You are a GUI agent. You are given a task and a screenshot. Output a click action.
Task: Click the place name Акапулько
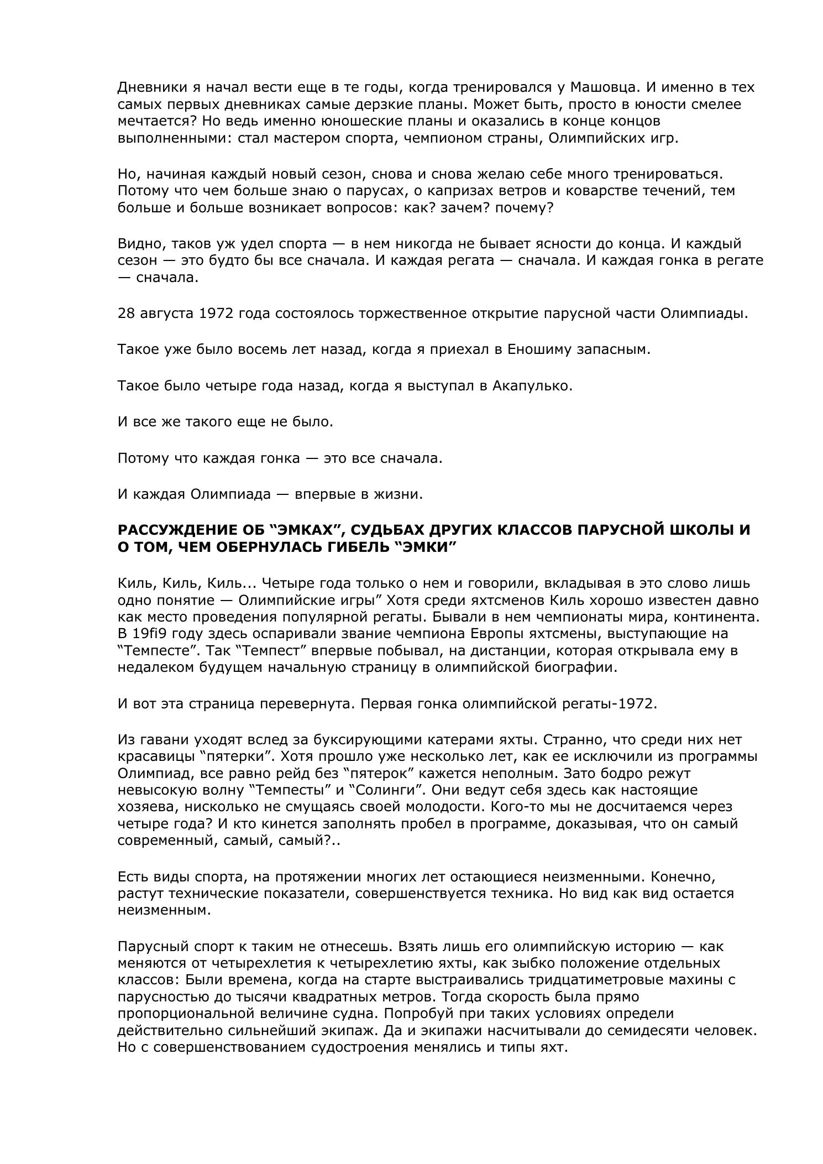pyautogui.click(x=533, y=386)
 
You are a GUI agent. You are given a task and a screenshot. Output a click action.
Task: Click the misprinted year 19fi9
pyautogui.click(x=151, y=634)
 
